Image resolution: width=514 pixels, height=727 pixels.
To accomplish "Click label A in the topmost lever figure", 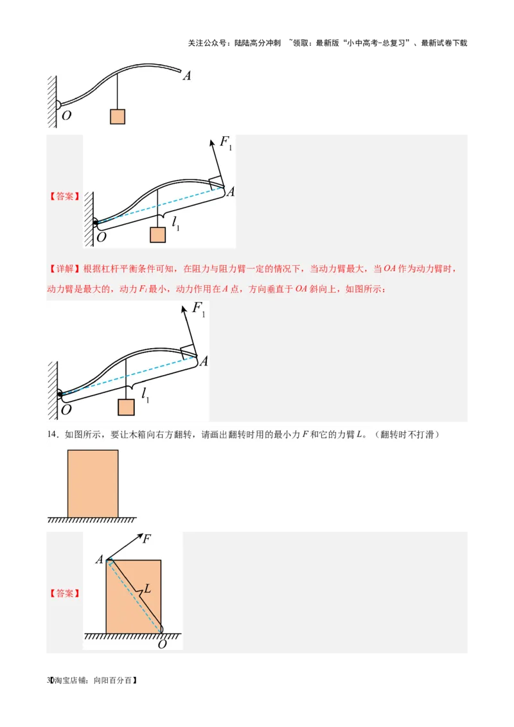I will click(x=187, y=76).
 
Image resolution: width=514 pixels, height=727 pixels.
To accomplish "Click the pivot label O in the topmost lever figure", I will click(x=67, y=116).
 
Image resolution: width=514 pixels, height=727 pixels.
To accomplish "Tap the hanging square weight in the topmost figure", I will click(x=118, y=116).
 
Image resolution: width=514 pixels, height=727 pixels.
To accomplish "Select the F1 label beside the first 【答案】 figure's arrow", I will click(x=226, y=143).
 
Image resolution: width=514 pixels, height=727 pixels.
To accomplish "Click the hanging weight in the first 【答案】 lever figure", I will click(x=157, y=235).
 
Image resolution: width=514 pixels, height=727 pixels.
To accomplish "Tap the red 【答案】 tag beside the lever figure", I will click(x=65, y=197).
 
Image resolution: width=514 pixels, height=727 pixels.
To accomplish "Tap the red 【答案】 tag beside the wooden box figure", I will click(x=65, y=593).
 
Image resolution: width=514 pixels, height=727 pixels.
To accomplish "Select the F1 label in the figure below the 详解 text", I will click(x=199, y=310).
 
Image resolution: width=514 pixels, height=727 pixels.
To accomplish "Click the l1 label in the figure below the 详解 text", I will click(x=145, y=394).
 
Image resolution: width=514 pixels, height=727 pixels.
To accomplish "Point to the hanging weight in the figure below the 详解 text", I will click(x=126, y=407).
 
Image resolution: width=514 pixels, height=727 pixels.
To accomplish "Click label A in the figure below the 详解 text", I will click(x=204, y=361).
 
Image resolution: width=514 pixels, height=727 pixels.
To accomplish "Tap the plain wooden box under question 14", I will click(x=93, y=483).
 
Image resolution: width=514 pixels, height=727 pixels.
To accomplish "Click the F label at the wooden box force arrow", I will click(x=146, y=539).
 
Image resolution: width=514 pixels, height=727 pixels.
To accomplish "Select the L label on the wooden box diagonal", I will click(x=147, y=588).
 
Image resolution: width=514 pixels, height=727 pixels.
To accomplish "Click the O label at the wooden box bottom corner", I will click(x=162, y=644).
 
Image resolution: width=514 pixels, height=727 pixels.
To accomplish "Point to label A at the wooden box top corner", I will click(x=100, y=559).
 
